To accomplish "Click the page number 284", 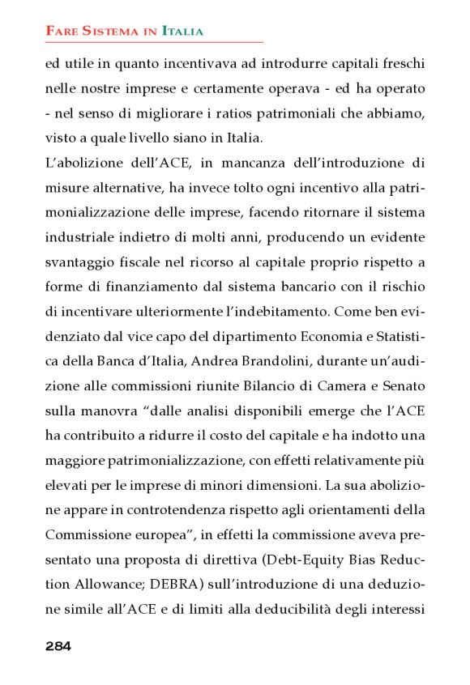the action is pyautogui.click(x=58, y=646).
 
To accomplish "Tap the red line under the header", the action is pyautogui.click(x=154, y=42).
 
